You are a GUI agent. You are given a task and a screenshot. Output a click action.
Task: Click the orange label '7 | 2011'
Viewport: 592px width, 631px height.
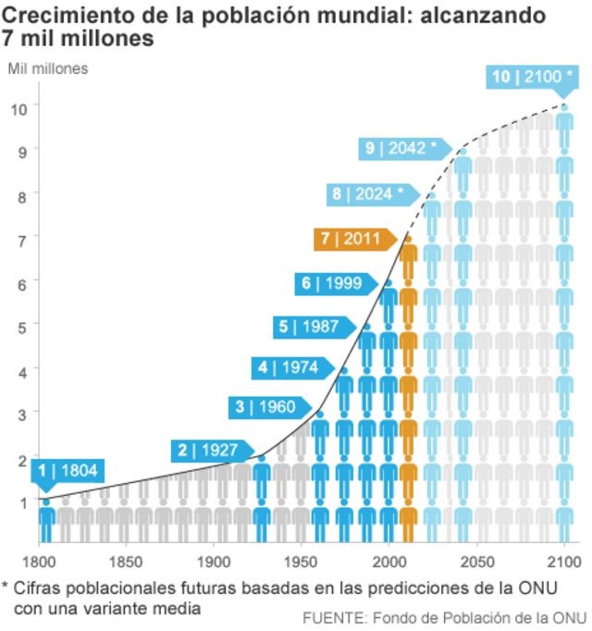tap(351, 239)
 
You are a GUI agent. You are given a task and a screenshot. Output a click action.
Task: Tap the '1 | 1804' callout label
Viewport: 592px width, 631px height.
tap(67, 470)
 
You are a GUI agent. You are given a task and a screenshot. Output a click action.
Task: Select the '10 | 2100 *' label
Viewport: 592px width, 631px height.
tap(526, 77)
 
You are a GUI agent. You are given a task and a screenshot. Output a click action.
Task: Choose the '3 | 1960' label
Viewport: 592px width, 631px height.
tap(265, 406)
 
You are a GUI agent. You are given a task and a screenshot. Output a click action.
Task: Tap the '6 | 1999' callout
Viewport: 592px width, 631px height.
tap(332, 283)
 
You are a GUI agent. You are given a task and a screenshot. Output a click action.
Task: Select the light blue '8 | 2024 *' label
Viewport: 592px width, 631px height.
tap(368, 194)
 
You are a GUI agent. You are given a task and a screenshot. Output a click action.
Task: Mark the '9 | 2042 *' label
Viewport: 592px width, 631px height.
tap(401, 148)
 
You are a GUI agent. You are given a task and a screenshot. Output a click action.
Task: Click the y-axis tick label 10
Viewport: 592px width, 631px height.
tap(18, 108)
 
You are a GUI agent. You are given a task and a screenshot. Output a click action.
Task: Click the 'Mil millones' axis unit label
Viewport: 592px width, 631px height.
tap(48, 68)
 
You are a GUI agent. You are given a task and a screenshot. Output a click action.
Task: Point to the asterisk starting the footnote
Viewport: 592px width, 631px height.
tap(6, 587)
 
